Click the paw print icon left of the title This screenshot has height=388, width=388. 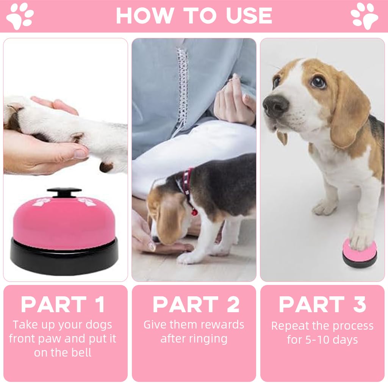(20, 16)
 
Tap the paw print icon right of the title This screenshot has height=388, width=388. (364, 16)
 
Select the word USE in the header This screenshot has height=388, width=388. (249, 16)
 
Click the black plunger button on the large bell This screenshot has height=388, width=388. (64, 192)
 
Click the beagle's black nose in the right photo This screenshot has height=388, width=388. (275, 105)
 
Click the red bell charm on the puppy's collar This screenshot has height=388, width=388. (194, 212)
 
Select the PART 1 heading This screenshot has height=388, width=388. (63, 305)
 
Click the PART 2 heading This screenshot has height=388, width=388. (196, 305)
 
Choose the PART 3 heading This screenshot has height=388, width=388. (322, 305)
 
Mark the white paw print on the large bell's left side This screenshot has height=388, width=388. (42, 202)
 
